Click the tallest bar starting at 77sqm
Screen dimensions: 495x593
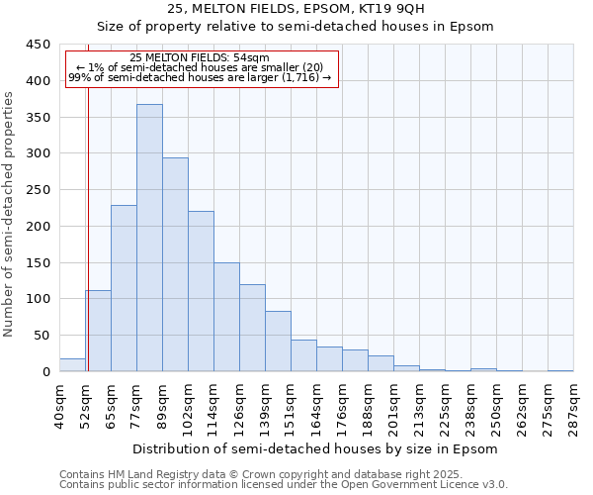(149, 238)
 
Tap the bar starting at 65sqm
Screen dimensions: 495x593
(124, 288)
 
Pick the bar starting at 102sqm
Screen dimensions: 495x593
(201, 291)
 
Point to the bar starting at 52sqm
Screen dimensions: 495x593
(98, 331)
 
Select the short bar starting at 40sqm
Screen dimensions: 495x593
(72, 364)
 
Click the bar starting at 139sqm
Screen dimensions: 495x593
(278, 342)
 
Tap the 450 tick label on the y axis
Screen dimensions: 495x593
(38, 45)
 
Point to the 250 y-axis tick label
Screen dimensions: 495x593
(38, 190)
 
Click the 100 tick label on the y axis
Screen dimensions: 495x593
(38, 299)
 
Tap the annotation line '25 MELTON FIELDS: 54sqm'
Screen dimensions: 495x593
(200, 58)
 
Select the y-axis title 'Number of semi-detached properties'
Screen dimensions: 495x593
(10, 214)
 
